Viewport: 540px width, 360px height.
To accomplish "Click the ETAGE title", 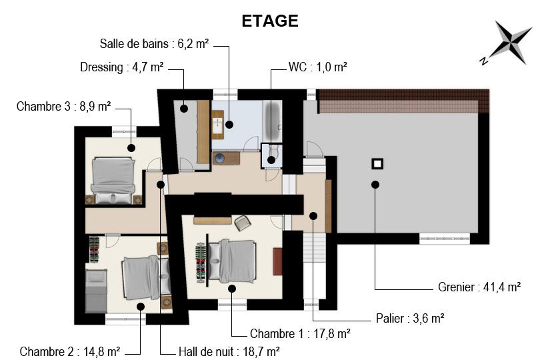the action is pos(269,21).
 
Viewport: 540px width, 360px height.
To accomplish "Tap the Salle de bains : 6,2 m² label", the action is pos(154,44).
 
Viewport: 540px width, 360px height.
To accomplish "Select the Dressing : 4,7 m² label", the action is pos(121,67).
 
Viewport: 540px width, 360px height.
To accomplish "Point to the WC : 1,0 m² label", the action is pos(317,67).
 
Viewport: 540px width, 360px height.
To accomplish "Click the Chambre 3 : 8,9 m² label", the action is pos(64,106).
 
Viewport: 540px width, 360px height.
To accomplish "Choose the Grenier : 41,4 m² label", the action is pos(479,287).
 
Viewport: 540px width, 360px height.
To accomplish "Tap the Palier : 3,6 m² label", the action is pos(410,318).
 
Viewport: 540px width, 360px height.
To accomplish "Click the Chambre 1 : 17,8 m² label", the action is pos(300,333).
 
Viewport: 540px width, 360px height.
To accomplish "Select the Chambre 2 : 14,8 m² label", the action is pos(70,352).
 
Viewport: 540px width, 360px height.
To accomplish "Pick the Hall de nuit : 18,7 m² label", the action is pos(229,352).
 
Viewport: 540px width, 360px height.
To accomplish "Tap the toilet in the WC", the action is pos(273,152).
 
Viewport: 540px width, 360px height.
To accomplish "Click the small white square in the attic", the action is pos(377,164).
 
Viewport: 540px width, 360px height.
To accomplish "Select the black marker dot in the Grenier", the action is pos(375,185).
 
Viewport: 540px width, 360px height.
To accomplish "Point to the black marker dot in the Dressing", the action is pos(184,108).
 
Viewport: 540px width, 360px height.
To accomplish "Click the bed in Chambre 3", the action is pos(113,181).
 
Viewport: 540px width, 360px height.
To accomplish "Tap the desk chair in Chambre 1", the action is pos(243,223).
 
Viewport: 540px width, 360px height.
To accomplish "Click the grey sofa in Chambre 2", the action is pos(96,291).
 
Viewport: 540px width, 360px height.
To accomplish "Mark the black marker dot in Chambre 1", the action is pos(232,289).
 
